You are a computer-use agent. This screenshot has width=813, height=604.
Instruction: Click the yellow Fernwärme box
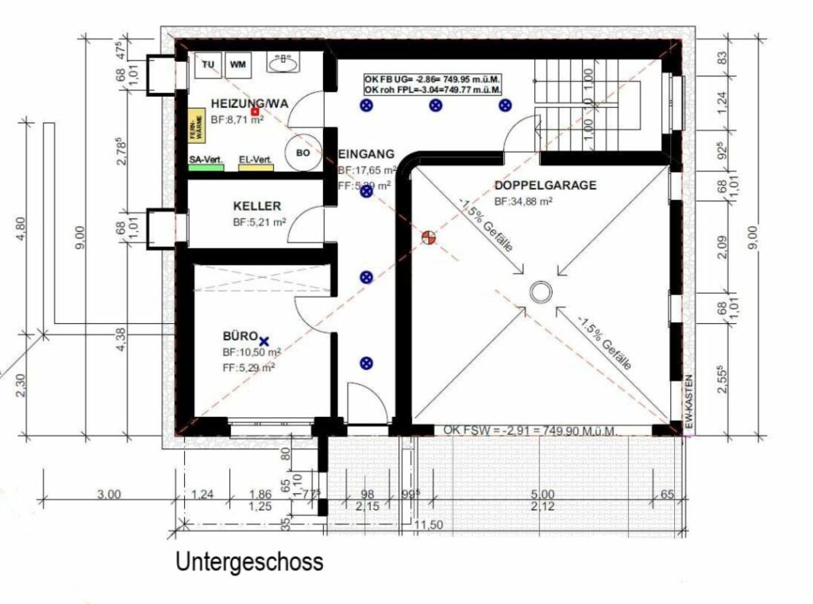[195, 128]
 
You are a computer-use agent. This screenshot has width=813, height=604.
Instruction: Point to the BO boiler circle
[302, 154]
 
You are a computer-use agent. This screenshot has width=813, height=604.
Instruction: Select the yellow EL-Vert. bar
[256, 167]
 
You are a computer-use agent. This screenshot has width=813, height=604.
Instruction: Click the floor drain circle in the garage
[540, 292]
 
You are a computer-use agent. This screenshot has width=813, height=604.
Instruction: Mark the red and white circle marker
[429, 237]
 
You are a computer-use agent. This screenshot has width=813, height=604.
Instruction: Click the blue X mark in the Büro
[264, 340]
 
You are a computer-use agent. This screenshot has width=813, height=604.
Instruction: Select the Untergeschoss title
[249, 562]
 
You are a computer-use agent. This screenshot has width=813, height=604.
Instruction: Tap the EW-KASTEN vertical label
[689, 404]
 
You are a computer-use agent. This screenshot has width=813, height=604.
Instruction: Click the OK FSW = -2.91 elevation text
[530, 429]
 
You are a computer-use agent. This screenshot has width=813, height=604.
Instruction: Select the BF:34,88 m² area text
[523, 202]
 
